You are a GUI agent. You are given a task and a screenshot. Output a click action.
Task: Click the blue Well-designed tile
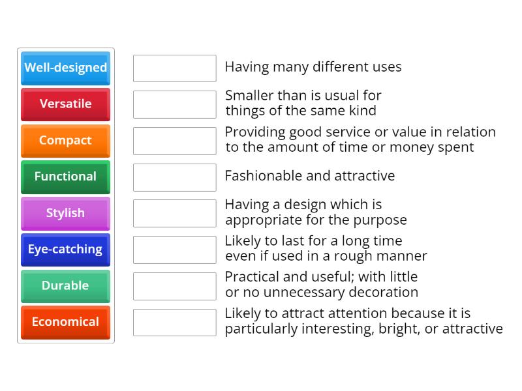pyautogui.click(x=65, y=68)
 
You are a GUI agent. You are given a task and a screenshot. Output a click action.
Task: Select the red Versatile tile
pyautogui.click(x=65, y=104)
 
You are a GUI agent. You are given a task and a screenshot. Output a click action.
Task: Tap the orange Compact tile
pyautogui.click(x=65, y=141)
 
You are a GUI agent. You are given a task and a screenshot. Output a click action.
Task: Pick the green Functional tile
pyautogui.click(x=65, y=177)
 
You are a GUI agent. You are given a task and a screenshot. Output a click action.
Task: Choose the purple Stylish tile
pyautogui.click(x=65, y=213)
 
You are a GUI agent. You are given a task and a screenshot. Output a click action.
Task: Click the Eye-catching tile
pyautogui.click(x=65, y=250)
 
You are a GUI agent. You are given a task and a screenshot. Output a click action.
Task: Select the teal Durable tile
pyautogui.click(x=65, y=285)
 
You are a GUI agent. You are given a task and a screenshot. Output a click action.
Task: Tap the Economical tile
pyautogui.click(x=65, y=322)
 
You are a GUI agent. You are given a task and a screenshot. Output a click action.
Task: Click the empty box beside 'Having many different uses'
pyautogui.click(x=174, y=68)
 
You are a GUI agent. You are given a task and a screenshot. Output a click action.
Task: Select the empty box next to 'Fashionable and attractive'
pyautogui.click(x=174, y=177)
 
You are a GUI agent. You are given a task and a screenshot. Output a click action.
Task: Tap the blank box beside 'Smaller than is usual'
pyautogui.click(x=174, y=104)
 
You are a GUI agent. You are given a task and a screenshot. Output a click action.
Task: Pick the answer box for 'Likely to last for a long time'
pyautogui.click(x=174, y=250)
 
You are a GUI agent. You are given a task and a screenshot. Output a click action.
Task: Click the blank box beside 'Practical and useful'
pyautogui.click(x=174, y=285)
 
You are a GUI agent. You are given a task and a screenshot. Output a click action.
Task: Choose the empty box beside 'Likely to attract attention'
pyautogui.click(x=174, y=322)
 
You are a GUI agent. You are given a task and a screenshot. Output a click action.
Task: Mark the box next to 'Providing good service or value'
pyautogui.click(x=174, y=141)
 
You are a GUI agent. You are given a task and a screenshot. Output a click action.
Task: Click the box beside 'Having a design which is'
pyautogui.click(x=174, y=213)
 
